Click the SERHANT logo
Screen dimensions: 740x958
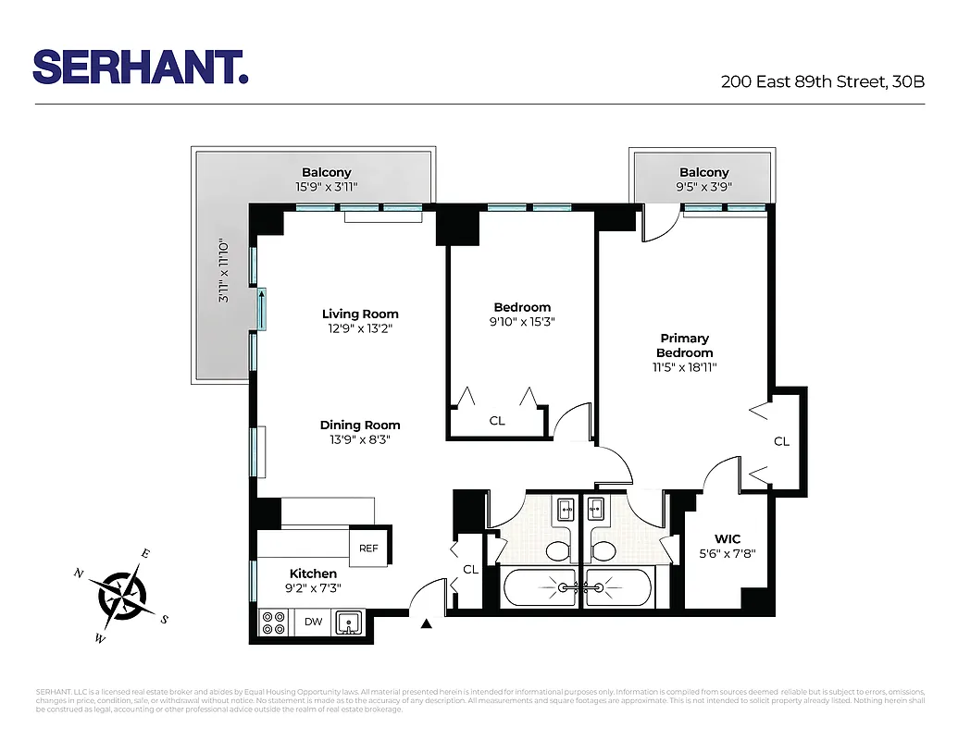(x=141, y=67)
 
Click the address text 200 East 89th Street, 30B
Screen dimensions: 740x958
(x=822, y=81)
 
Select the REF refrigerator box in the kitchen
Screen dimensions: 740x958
(x=368, y=548)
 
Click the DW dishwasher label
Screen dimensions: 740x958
(x=314, y=622)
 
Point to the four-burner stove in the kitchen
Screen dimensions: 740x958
(x=272, y=623)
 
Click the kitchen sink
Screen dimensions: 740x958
(x=349, y=622)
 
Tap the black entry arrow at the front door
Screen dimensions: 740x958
(x=426, y=625)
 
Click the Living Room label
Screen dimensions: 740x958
(x=360, y=314)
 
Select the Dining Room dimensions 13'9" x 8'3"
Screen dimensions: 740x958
(x=360, y=440)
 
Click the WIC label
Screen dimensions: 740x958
(x=727, y=539)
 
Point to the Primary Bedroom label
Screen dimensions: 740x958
(x=685, y=345)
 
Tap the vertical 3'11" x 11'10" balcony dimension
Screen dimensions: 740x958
(x=223, y=272)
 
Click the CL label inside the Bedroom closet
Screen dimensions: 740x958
(x=497, y=421)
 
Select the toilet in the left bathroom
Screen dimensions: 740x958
(x=557, y=551)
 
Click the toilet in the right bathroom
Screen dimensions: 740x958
(x=603, y=551)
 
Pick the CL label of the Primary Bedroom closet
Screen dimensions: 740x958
(x=782, y=441)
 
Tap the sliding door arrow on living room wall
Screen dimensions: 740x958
(x=262, y=309)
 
